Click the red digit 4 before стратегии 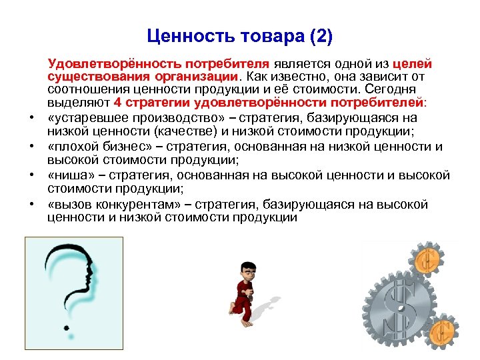coord(118,103)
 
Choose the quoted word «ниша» coord(67,175)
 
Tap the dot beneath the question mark coord(66,327)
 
